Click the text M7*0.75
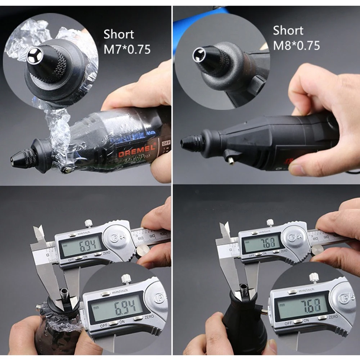coord(127,49)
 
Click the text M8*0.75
coord(296,45)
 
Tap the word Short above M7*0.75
coord(118,35)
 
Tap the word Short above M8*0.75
coord(288,31)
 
